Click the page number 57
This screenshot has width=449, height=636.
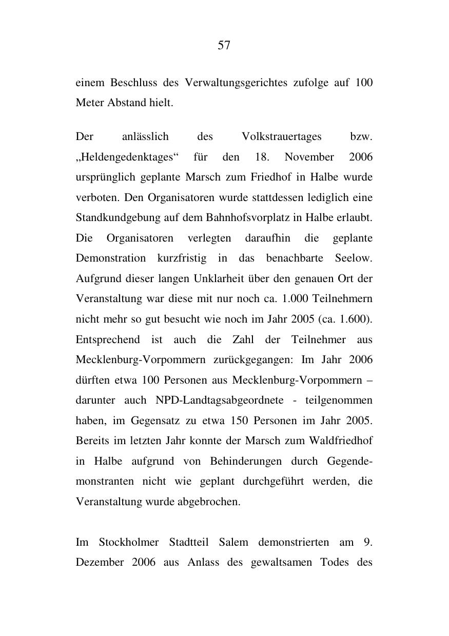(x=224, y=46)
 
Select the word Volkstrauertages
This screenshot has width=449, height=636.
(x=281, y=137)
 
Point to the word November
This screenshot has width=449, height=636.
(x=309, y=157)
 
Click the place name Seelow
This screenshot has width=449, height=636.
(x=353, y=259)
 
